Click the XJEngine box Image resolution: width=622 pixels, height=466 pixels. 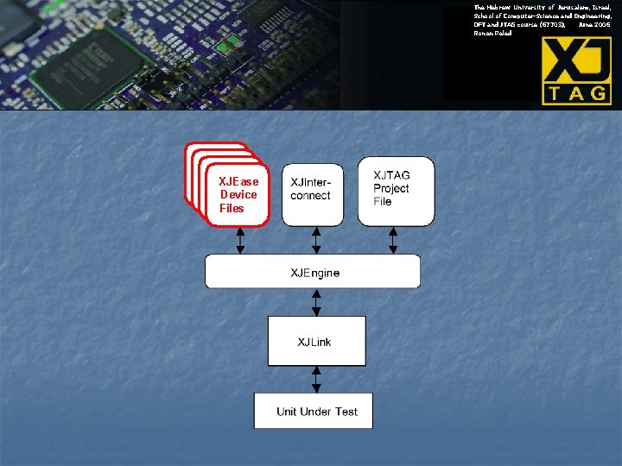pyautogui.click(x=313, y=272)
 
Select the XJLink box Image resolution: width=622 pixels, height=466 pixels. pyautogui.click(x=316, y=341)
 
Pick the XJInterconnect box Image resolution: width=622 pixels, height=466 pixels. pyautogui.click(x=312, y=194)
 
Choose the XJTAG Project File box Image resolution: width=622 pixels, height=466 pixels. pyautogui.click(x=396, y=191)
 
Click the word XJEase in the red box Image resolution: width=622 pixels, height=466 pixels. pyautogui.click(x=238, y=181)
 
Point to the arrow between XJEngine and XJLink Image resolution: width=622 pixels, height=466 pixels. pyautogui.click(x=316, y=302)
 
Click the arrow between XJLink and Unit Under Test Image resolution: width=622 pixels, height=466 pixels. pyautogui.click(x=316, y=379)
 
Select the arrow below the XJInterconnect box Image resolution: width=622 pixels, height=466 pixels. pyautogui.click(x=316, y=240)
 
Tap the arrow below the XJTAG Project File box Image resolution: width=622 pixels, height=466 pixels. pyautogui.click(x=394, y=240)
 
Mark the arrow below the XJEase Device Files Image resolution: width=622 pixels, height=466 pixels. pyautogui.click(x=240, y=240)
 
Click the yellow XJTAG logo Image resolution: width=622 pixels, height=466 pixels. pyautogui.click(x=576, y=71)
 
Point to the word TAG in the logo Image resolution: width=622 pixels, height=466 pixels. pyautogui.click(x=576, y=91)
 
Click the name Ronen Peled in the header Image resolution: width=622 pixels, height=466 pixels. pyautogui.click(x=492, y=34)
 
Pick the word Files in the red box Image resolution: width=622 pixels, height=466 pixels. pyautogui.click(x=232, y=208)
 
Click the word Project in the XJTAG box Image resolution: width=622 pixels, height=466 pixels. pyautogui.click(x=391, y=188)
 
